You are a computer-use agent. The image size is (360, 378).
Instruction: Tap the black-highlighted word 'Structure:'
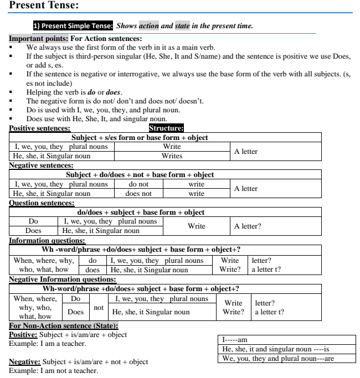coord(167,128)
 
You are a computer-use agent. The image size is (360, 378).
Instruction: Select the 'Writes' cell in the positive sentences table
coord(172,156)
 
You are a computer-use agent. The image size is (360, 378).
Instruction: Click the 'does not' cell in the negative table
coord(138,194)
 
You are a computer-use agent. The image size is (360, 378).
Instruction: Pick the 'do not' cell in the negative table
coord(138,184)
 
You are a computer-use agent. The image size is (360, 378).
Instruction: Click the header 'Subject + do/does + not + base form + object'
coord(140,175)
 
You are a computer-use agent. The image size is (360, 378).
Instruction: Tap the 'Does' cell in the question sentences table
coord(34,231)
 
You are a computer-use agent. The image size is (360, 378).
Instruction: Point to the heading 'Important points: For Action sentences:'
coord(75,39)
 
